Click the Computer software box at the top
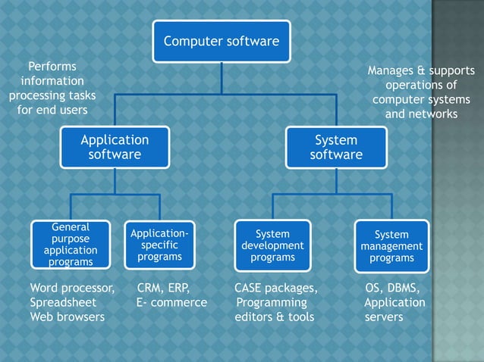222,42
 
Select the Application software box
115,148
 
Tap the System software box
336,148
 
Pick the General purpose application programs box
71,245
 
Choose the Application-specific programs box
159,245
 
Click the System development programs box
272,245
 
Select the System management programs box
391,245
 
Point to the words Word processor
72,288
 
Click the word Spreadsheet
61,302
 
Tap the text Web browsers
67,317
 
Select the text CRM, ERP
163,288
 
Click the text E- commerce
171,302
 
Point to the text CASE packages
275,288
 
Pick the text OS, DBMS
392,288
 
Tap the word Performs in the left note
52,67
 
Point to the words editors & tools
274,317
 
